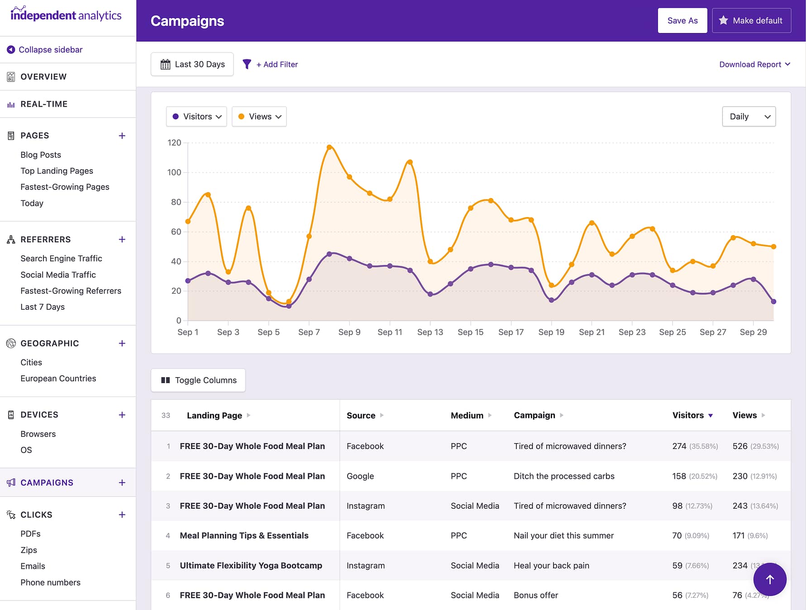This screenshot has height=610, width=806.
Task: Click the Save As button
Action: [682, 20]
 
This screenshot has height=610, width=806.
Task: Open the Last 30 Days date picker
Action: [192, 64]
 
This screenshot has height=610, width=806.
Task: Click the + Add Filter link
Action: [277, 64]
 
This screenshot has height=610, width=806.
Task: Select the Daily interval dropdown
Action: [749, 117]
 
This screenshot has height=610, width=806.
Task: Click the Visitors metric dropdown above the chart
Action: [196, 117]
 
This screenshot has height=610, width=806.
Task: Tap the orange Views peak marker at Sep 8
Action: [329, 147]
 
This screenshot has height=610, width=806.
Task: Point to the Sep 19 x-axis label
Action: [551, 332]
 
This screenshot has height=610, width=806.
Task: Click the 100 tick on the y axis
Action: [174, 172]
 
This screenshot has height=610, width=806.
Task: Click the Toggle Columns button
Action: [198, 380]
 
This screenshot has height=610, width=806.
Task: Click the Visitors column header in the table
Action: [688, 415]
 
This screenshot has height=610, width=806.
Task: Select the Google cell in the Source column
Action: [360, 476]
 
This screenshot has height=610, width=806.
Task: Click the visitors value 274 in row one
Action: [679, 446]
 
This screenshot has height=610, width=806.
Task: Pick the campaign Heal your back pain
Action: [551, 566]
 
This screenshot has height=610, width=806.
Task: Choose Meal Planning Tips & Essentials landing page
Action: [244, 536]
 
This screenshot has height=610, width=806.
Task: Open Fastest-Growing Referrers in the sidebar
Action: [71, 291]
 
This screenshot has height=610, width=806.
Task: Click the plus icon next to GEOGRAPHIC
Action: [122, 344]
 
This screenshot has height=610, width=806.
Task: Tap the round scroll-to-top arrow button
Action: [769, 579]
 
